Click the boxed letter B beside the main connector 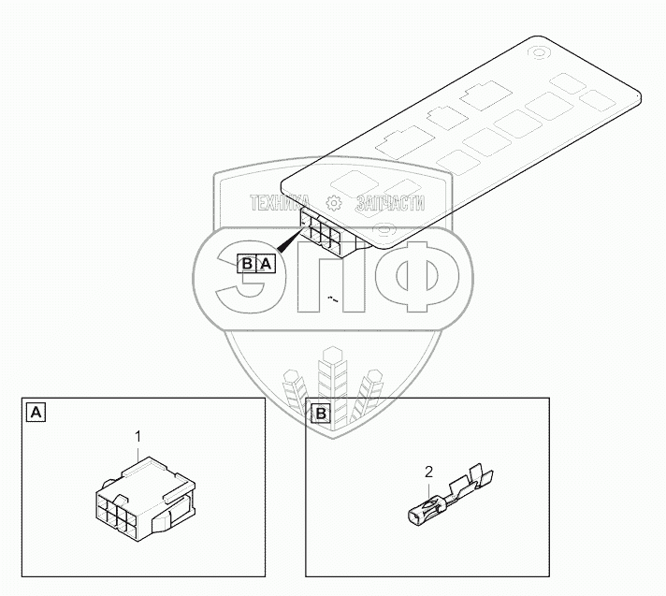[x=247, y=264]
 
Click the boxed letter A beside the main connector [x=266, y=264]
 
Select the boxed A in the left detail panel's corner [x=35, y=412]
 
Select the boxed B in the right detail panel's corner [x=319, y=412]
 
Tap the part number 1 [x=138, y=436]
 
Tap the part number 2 [x=429, y=472]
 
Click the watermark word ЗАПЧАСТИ [x=390, y=203]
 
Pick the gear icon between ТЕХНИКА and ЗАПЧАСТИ [x=333, y=203]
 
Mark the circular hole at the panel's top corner [x=541, y=53]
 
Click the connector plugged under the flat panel [x=327, y=233]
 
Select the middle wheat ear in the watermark [x=333, y=384]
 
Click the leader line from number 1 [x=138, y=451]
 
